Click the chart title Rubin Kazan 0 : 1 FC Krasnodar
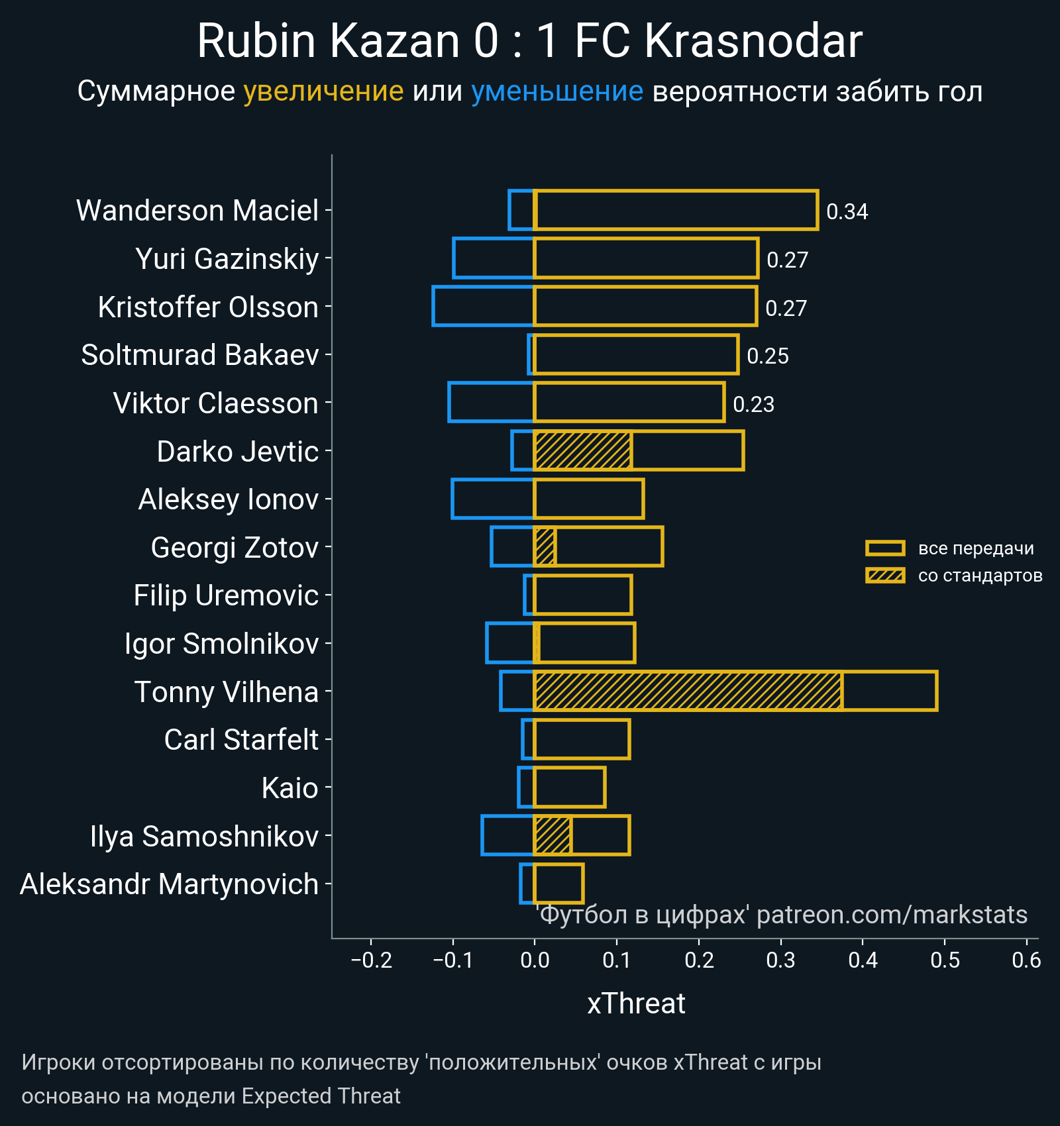(529, 41)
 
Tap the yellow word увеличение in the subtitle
(323, 91)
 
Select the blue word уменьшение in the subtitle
(556, 91)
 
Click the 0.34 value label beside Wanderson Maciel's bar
(847, 212)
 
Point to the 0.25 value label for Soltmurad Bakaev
(767, 356)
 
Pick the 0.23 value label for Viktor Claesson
(753, 405)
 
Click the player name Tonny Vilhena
(227, 692)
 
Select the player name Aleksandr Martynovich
(169, 885)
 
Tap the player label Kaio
(290, 788)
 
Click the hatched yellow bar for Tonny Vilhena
(688, 691)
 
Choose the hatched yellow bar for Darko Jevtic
(582, 451)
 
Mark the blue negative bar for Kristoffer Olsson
(483, 306)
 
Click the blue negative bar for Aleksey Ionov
(493, 499)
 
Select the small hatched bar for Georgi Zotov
(545, 547)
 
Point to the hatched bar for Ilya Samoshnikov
(553, 836)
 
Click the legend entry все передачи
(975, 548)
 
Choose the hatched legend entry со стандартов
(979, 576)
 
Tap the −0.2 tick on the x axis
(372, 960)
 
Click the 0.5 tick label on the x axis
(945, 960)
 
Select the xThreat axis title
(636, 1003)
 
